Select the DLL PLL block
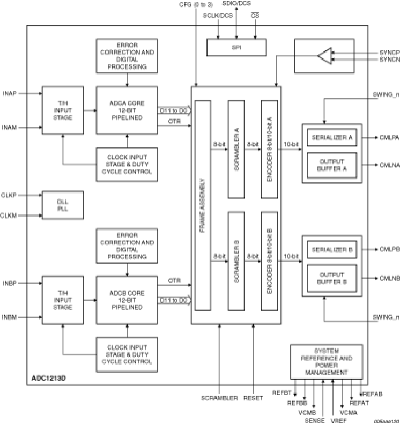pos(63,205)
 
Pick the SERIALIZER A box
pos(333,137)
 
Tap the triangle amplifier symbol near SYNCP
pos(324,56)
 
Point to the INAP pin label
pos(10,93)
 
